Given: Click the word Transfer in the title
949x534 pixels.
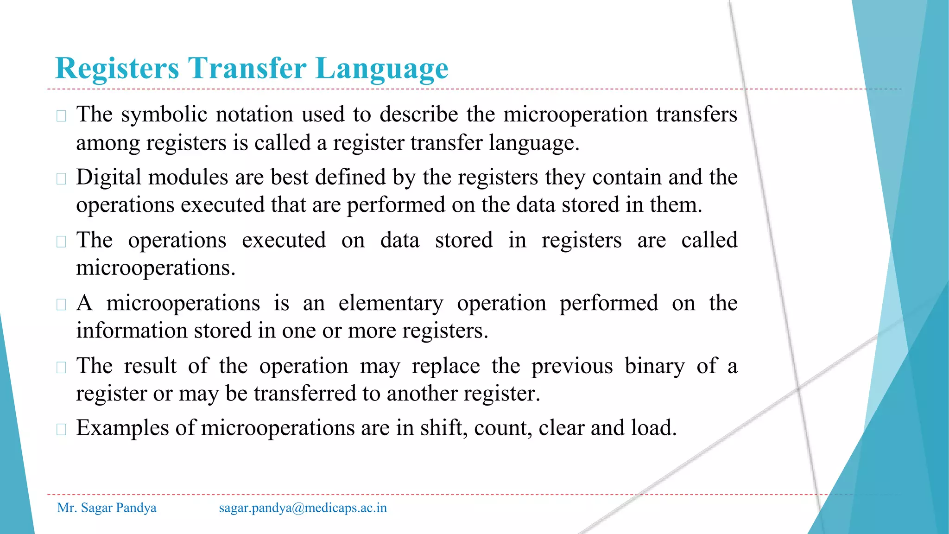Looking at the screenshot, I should (x=247, y=69).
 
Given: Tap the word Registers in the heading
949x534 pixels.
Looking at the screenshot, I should (x=117, y=69).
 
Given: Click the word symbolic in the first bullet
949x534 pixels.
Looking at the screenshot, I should (x=164, y=115).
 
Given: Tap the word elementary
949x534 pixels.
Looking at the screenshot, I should (x=391, y=304).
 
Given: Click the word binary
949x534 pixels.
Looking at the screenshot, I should (x=654, y=366).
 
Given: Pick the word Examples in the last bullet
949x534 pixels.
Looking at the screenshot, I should (x=122, y=428).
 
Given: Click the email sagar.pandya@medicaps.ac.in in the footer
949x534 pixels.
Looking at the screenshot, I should (x=303, y=508).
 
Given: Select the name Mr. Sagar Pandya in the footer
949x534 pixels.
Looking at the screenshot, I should (x=107, y=508).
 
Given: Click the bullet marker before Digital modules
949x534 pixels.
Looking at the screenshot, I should (x=61, y=179).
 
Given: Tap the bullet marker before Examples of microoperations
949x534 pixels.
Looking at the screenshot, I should (x=61, y=429).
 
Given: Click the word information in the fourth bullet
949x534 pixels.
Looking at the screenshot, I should (x=132, y=331).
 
